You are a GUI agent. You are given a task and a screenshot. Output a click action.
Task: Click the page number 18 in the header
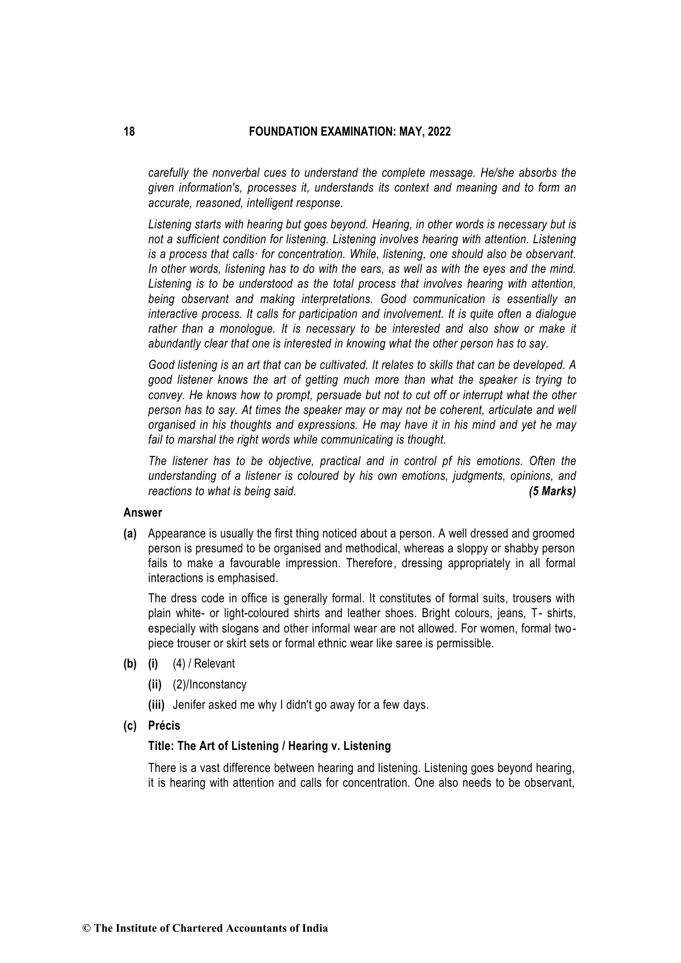pyautogui.click(x=129, y=132)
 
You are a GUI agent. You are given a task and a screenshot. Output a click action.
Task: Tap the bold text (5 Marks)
pyautogui.click(x=552, y=491)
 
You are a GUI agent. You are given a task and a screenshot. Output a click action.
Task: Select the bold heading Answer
pyautogui.click(x=143, y=513)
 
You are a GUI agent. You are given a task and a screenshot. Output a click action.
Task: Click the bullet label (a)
pyautogui.click(x=130, y=534)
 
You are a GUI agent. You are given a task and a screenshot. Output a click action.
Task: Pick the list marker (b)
pyautogui.click(x=130, y=664)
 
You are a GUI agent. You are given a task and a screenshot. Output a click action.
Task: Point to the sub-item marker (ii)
pyautogui.click(x=155, y=685)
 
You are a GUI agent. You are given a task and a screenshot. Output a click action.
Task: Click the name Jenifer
pyautogui.click(x=189, y=705)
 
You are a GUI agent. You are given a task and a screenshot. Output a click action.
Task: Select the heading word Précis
pyautogui.click(x=164, y=726)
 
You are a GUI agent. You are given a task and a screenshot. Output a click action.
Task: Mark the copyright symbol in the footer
pyautogui.click(x=86, y=928)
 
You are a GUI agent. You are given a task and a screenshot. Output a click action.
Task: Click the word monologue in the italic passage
pyautogui.click(x=246, y=329)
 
